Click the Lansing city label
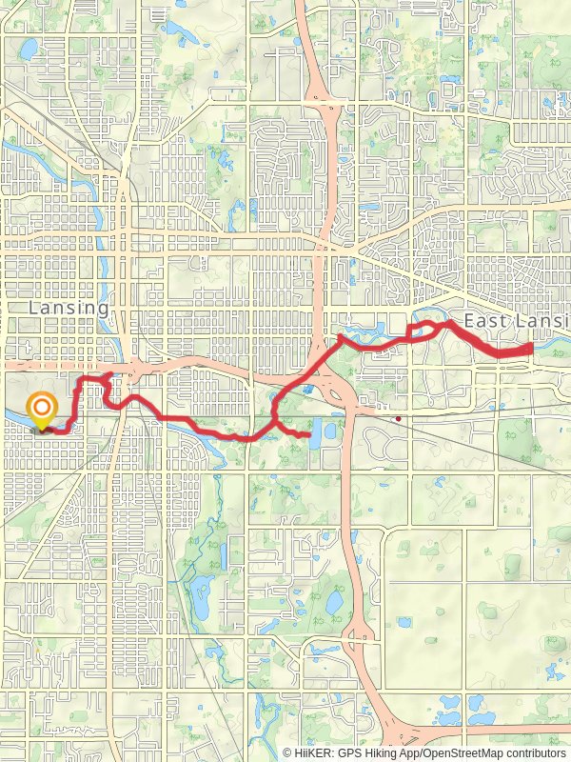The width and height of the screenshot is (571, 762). tap(69, 309)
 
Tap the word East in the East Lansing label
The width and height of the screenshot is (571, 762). tap(485, 322)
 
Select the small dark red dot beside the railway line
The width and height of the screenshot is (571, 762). tap(398, 417)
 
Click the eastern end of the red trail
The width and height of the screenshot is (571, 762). tap(529, 351)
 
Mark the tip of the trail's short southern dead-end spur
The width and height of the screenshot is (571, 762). tap(310, 436)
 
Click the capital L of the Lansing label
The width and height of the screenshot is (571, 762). tap(34, 309)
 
